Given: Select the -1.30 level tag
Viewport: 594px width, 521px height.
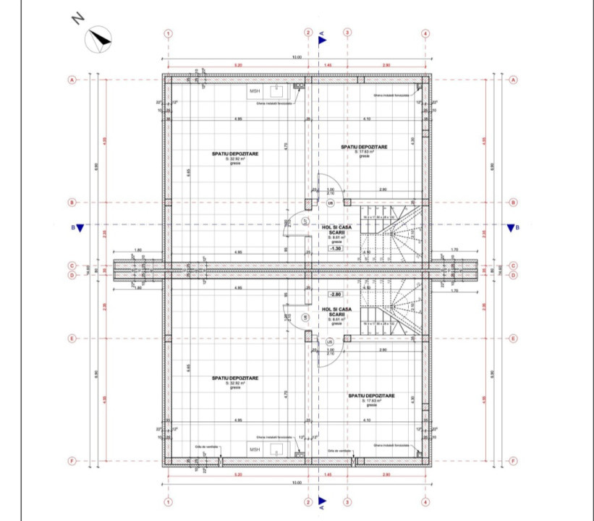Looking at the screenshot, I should point(335,248).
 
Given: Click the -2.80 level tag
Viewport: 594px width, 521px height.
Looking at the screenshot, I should point(335,295).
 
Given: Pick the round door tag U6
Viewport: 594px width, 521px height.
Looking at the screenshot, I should point(306,317).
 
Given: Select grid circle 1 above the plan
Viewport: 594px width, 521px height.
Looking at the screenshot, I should point(168,33).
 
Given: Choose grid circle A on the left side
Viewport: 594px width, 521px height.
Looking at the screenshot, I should point(72,80).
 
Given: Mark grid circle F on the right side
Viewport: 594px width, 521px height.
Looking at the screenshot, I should point(512,460).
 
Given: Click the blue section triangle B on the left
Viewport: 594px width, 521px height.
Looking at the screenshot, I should point(80,228).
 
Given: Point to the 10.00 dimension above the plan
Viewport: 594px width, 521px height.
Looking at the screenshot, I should point(297,57).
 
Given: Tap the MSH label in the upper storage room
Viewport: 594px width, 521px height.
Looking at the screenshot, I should point(254,91).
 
